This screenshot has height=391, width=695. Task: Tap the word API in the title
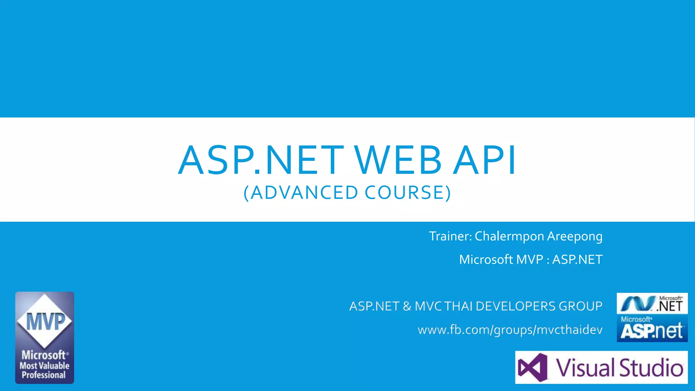tap(485, 160)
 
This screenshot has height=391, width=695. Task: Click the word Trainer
tap(450, 236)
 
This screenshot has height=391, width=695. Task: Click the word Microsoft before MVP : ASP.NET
tap(486, 260)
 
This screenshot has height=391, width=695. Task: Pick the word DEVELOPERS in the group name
tap(515, 306)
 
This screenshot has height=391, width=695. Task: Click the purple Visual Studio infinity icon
tap(532, 368)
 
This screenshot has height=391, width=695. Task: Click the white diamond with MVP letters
tap(44, 321)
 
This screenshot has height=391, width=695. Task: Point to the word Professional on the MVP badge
tap(44, 375)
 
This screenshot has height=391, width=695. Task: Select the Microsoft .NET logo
tap(652, 303)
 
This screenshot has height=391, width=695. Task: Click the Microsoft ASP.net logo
tap(652, 329)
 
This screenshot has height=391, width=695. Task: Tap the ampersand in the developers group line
tap(407, 306)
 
